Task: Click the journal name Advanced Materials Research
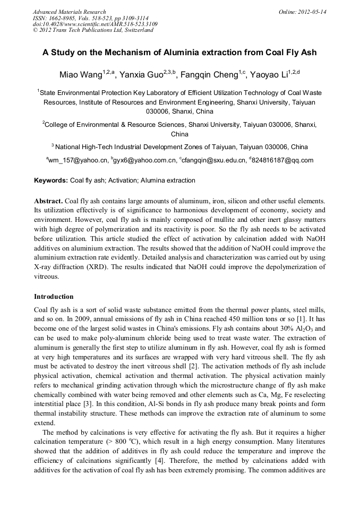click(69, 12)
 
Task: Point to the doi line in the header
click(95, 24)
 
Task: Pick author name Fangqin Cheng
click(209, 74)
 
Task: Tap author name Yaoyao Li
click(273, 74)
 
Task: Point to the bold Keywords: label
click(51, 180)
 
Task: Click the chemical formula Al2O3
click(304, 329)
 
